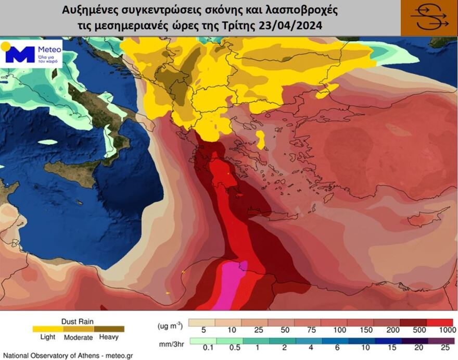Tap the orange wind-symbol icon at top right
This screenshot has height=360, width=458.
429,18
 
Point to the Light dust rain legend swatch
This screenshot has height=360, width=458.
47,329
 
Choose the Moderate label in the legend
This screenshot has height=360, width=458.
78,337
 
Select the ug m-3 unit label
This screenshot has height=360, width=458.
170,326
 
